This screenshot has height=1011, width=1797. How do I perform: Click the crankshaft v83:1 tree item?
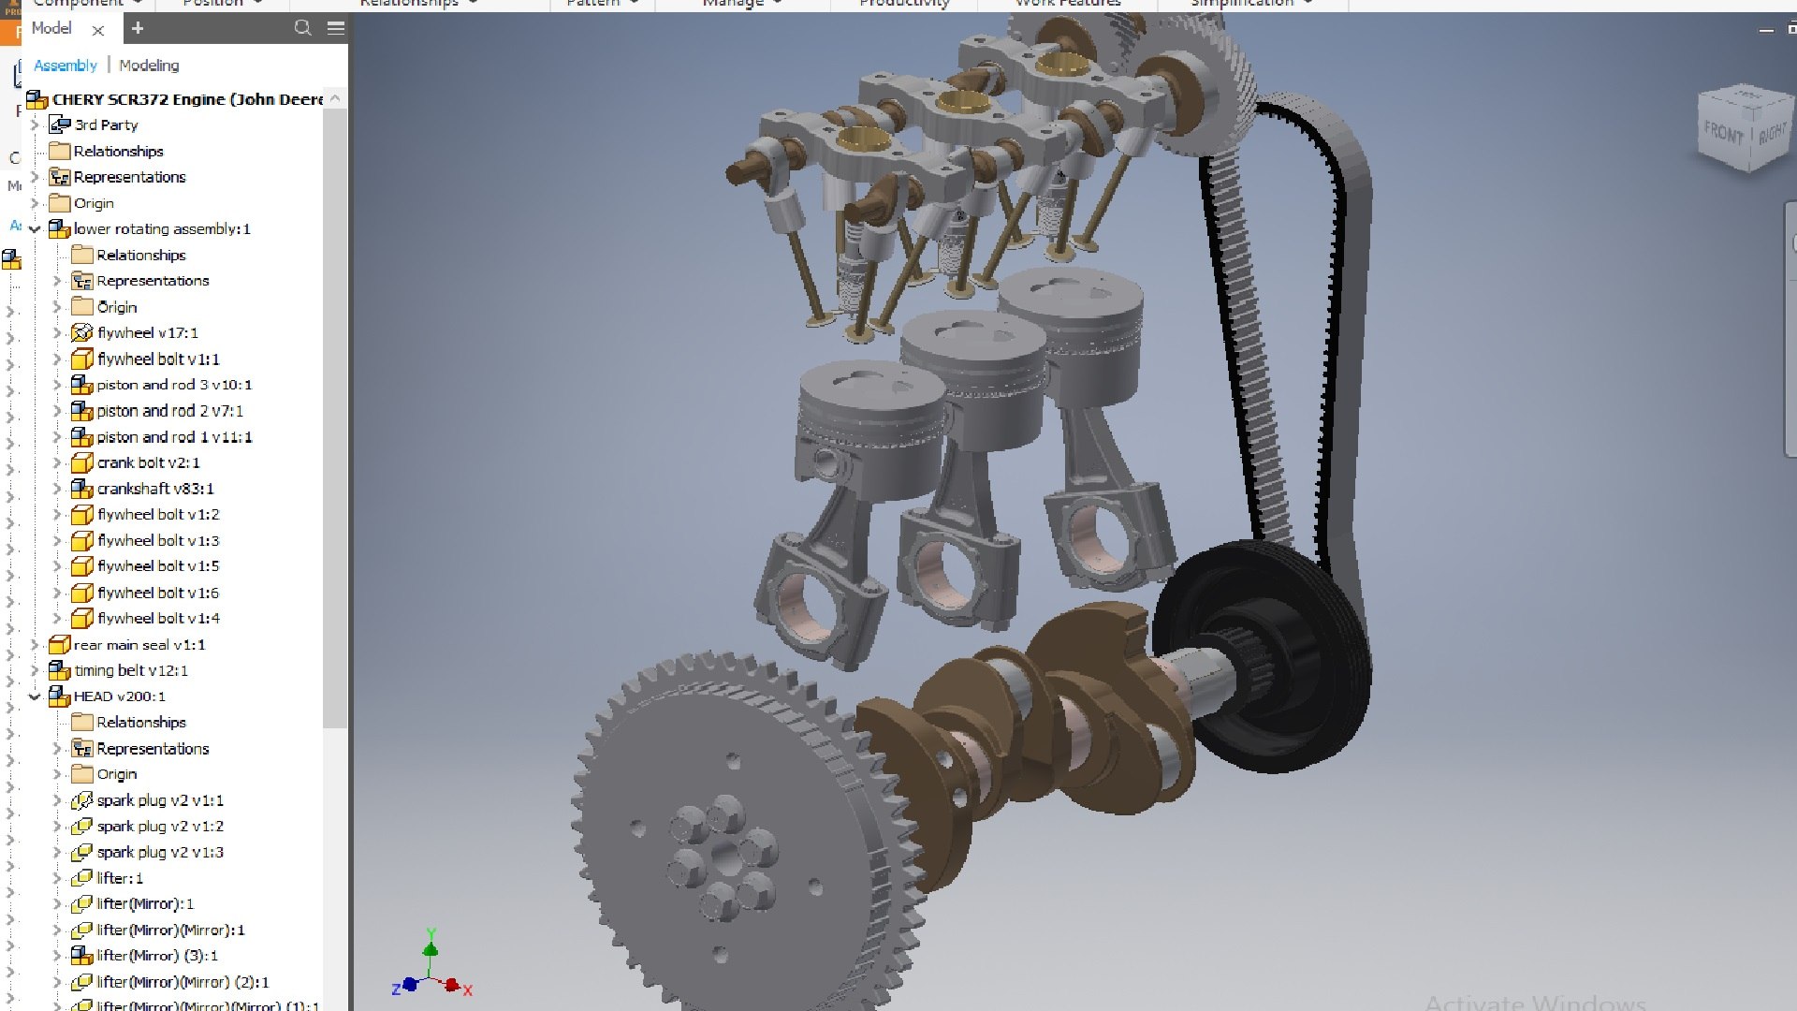click(154, 489)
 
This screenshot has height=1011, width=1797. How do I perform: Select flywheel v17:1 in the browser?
click(147, 332)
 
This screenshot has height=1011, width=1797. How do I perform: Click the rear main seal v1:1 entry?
click(139, 645)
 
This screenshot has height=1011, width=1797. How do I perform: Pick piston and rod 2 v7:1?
click(169, 411)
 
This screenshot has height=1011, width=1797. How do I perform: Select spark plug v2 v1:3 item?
click(159, 852)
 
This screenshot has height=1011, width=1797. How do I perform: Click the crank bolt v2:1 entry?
click(148, 462)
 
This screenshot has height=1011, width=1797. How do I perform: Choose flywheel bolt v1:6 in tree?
click(157, 593)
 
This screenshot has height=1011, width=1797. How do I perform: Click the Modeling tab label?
click(149, 66)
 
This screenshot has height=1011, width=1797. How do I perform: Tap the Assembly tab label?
click(65, 66)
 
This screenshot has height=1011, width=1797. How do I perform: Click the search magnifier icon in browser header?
click(302, 28)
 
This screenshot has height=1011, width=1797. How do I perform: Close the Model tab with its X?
click(97, 30)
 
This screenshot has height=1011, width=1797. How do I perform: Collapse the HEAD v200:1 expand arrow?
click(35, 696)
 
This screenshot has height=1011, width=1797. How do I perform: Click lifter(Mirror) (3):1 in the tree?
click(156, 956)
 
